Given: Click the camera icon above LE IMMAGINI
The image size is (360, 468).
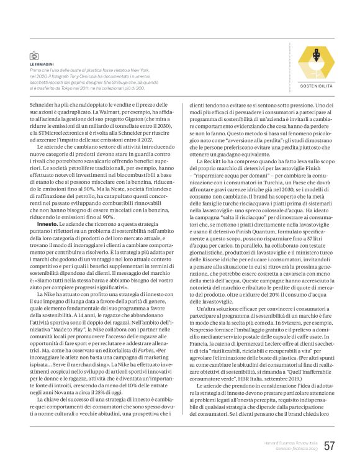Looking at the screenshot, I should (x=34, y=56).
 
